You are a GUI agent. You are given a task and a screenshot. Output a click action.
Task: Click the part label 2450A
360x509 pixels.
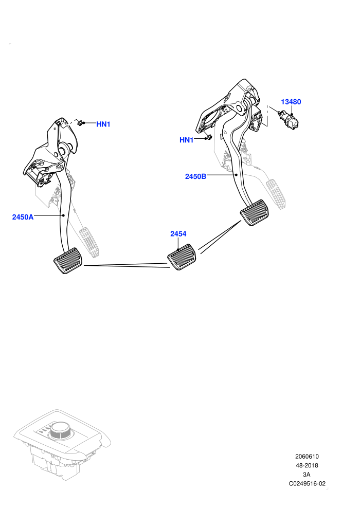23,217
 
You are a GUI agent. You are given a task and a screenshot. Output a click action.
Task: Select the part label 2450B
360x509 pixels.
195,176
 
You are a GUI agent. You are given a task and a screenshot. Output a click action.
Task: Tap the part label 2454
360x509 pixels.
178,234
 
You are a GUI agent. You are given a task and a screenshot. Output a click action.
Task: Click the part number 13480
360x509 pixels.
291,102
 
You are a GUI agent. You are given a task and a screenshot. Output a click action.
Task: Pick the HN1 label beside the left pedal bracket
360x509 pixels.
103,124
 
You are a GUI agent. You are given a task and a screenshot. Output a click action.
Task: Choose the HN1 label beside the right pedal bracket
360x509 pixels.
186,140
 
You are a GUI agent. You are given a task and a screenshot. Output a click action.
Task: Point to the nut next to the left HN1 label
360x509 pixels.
80,123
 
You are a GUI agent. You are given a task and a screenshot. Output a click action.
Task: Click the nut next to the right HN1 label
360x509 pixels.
208,137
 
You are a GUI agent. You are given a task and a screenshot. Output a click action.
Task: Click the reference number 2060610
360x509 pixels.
307,456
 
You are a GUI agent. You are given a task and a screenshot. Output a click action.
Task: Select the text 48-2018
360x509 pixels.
307,465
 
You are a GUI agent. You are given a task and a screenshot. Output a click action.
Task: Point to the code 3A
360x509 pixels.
307,474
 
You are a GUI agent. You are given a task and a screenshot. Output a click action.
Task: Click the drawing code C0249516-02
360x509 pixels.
307,483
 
